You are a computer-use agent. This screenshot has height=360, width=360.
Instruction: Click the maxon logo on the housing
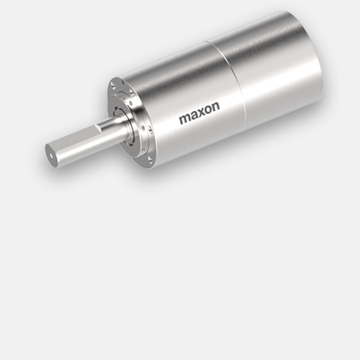pos(199,117)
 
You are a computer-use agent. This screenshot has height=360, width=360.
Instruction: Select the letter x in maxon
pos(201,117)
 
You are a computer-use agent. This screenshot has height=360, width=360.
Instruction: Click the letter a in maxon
pos(193,118)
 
